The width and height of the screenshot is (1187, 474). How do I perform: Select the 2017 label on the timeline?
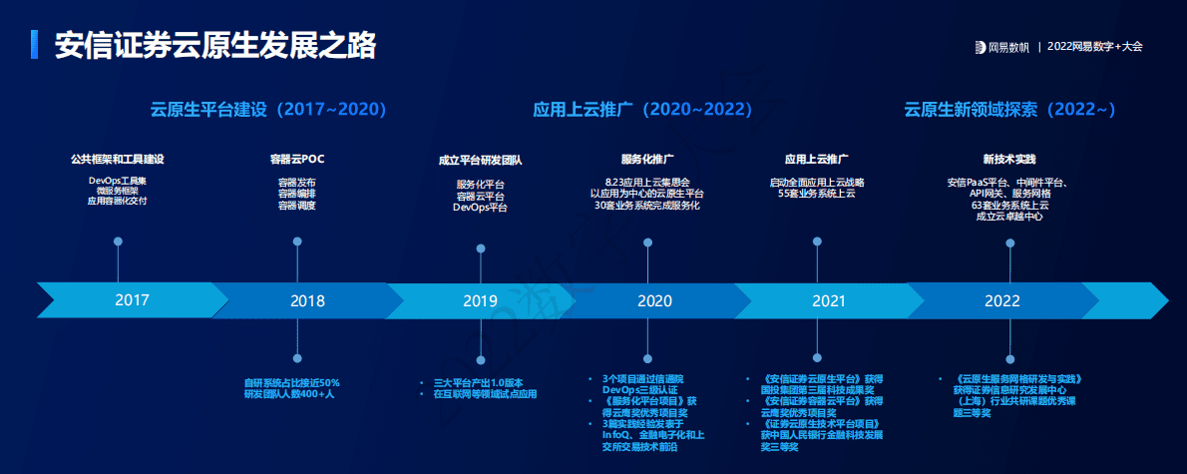point(132,299)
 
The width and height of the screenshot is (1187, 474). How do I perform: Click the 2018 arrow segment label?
point(307,300)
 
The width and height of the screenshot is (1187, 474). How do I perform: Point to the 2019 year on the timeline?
point(480,300)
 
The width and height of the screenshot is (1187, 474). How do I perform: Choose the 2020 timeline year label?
point(654,300)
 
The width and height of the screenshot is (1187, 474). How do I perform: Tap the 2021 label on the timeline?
point(828,300)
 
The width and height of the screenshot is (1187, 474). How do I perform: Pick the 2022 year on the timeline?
point(1001,300)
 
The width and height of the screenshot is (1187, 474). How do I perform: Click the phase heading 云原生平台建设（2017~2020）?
point(268,109)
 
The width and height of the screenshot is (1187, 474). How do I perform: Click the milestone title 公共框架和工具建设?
point(117,159)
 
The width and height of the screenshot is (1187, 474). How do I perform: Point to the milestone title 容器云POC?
point(297,159)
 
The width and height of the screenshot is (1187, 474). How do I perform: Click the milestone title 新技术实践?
point(1008,159)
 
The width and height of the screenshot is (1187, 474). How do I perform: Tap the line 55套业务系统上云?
point(817,195)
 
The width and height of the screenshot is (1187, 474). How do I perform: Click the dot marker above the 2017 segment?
point(118,241)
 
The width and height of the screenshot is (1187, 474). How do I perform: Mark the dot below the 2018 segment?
point(296,358)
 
